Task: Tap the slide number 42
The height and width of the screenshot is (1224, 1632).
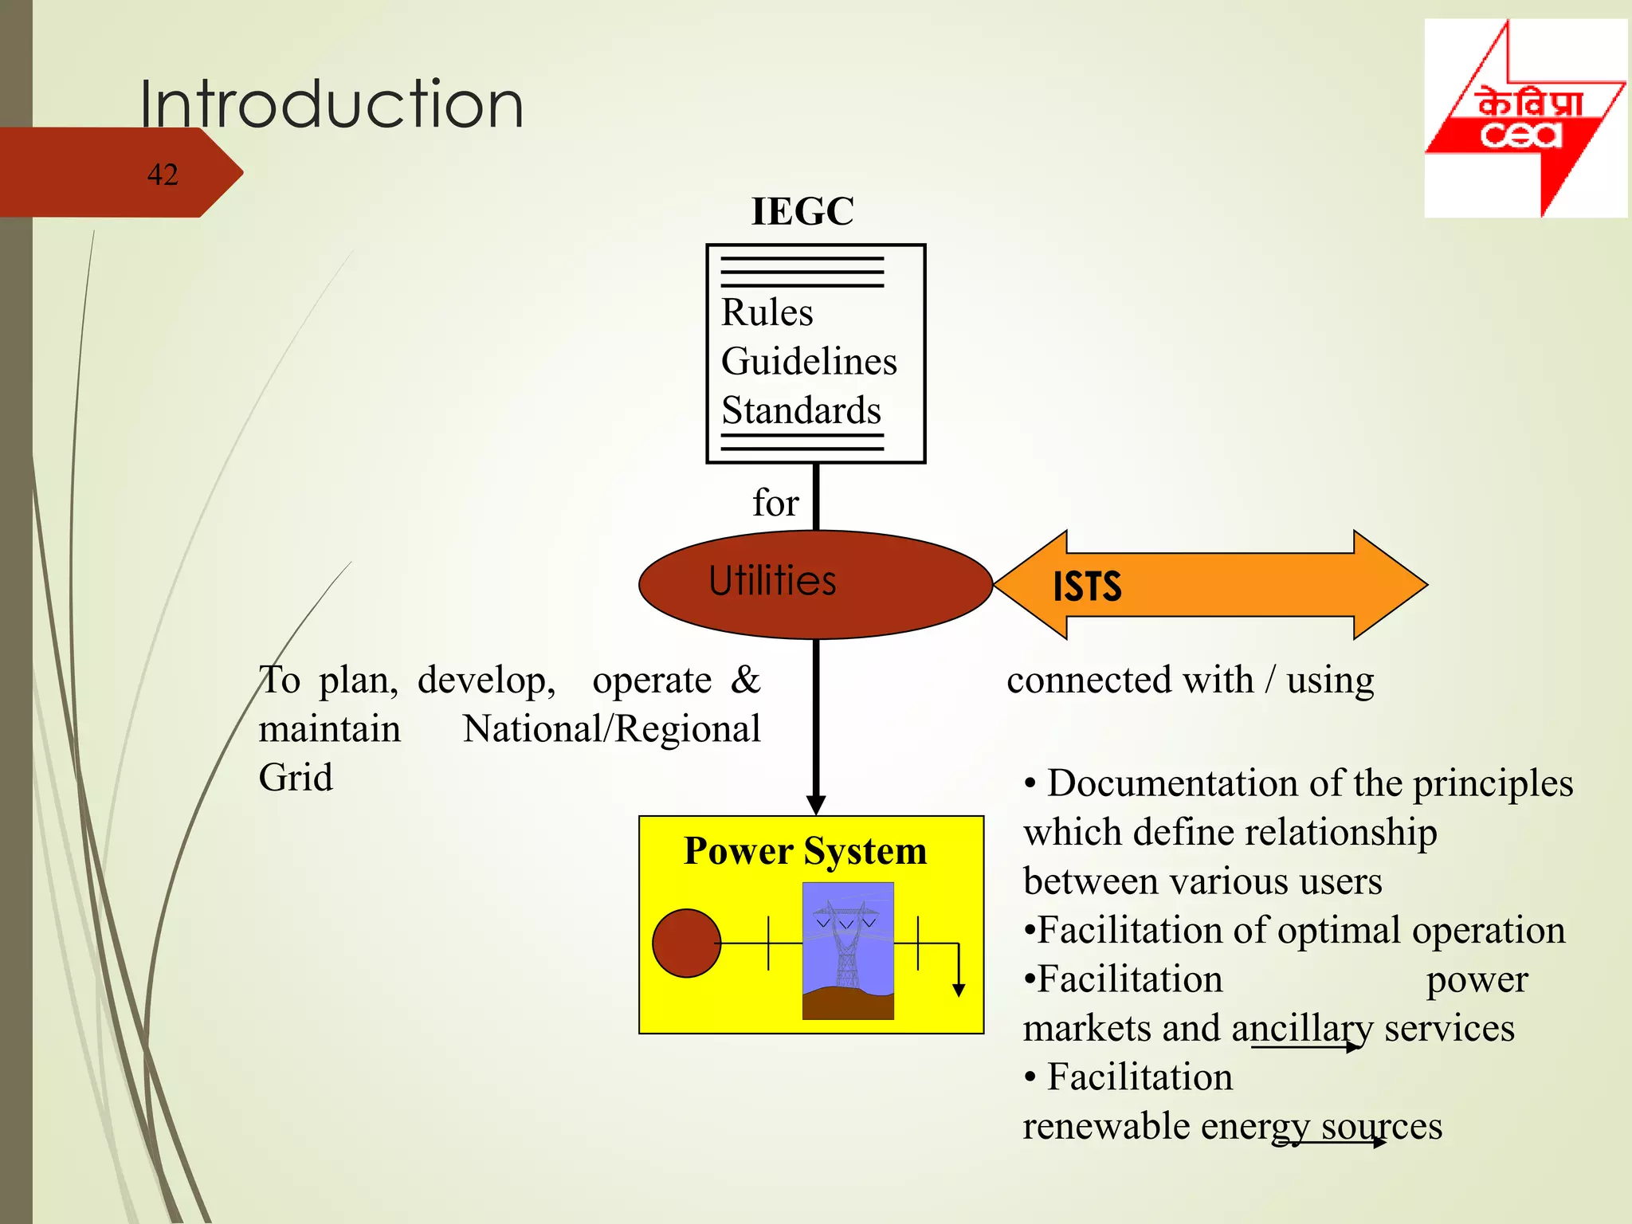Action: click(163, 175)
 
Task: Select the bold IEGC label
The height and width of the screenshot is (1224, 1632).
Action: click(802, 211)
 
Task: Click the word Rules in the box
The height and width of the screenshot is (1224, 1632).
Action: click(767, 312)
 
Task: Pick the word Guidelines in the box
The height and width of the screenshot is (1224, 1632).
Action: click(809, 361)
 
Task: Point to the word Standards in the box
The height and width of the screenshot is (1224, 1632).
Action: click(801, 410)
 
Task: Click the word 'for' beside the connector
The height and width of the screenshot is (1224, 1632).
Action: click(775, 503)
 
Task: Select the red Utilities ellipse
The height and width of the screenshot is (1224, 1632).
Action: click(815, 584)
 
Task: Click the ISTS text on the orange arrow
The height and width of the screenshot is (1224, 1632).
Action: click(1087, 586)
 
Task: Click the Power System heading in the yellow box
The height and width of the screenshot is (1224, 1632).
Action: click(806, 851)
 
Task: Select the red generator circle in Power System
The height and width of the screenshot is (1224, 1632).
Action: click(686, 943)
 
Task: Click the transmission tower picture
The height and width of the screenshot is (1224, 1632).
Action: click(848, 951)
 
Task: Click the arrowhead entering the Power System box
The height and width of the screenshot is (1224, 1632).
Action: click(816, 805)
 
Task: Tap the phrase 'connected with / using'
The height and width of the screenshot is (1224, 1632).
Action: click(1190, 681)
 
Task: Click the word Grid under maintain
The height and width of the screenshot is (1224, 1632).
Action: click(296, 778)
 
